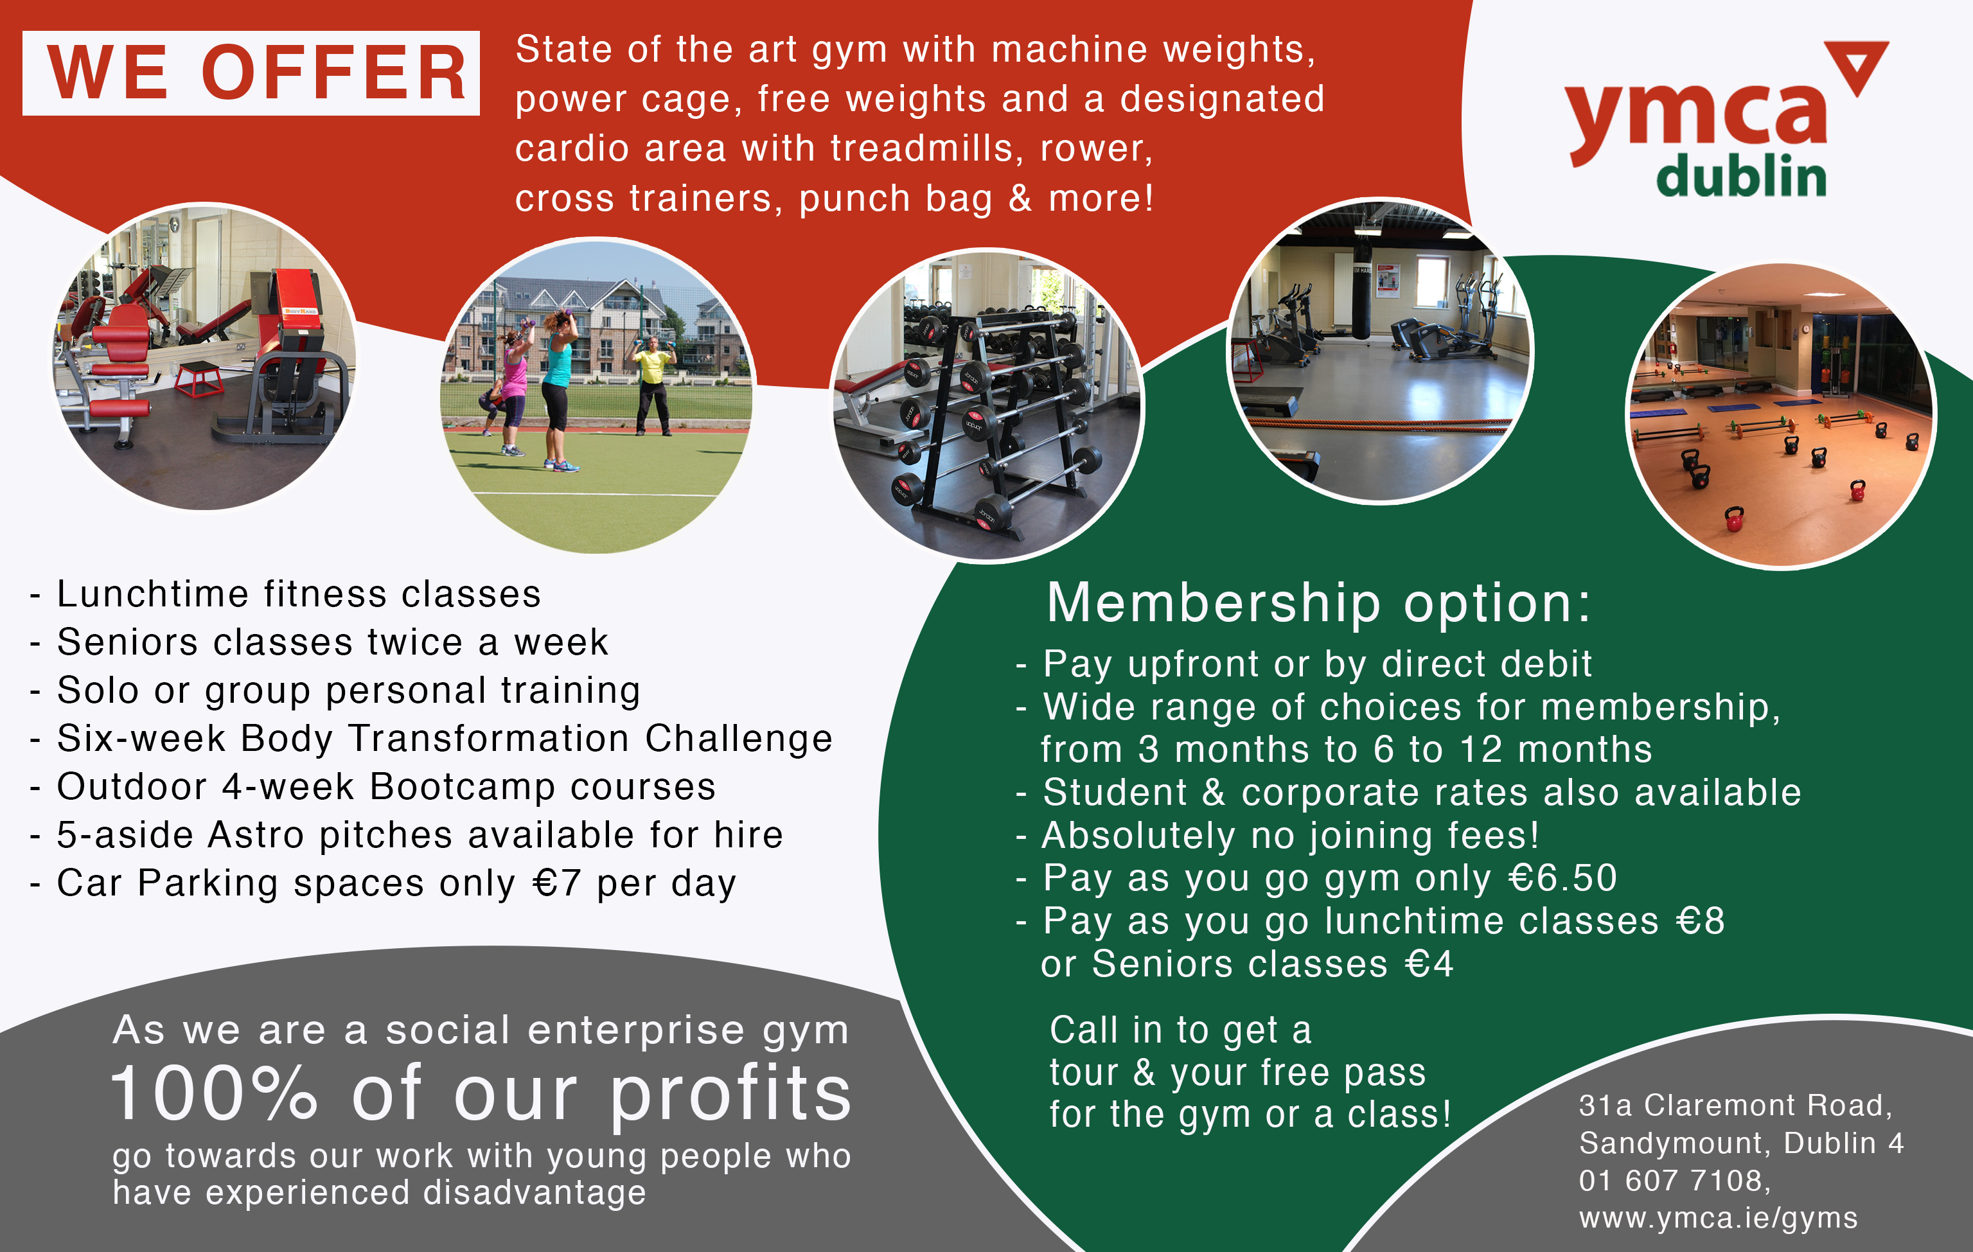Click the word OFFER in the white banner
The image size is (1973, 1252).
point(334,73)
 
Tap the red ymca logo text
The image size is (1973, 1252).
point(1695,119)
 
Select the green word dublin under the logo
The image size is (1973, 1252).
point(1741,175)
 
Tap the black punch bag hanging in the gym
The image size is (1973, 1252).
point(1361,301)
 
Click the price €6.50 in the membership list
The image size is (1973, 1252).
point(1563,878)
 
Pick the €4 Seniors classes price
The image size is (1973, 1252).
point(1429,964)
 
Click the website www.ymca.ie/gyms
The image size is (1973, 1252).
point(1718,1219)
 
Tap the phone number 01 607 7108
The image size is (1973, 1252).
point(1670,1181)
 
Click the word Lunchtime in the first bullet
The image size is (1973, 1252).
point(152,594)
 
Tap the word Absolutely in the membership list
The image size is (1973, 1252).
point(1138,836)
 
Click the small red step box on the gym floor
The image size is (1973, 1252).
point(199,378)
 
